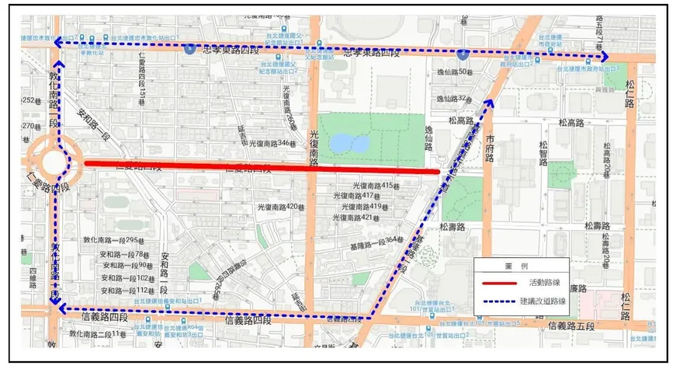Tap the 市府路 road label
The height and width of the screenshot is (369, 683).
click(489, 147)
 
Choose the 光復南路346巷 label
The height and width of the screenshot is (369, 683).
click(272, 144)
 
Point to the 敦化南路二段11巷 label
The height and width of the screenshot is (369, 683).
click(98, 334)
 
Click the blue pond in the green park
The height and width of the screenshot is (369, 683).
click(340, 142)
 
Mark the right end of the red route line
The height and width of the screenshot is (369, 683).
click(439, 171)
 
